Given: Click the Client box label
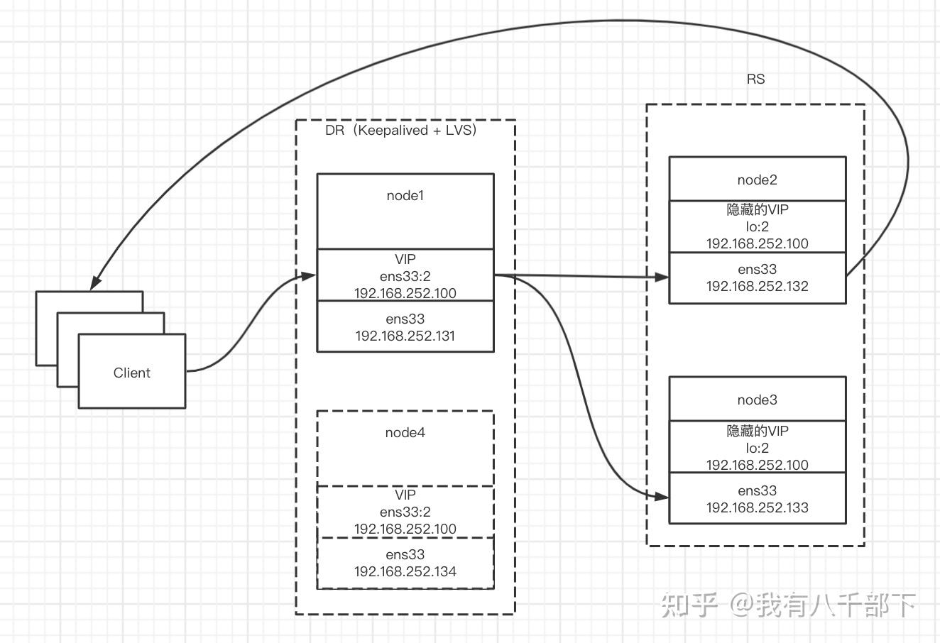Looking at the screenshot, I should click(132, 373).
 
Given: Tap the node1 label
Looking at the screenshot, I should click(405, 195).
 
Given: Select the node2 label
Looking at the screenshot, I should click(757, 180).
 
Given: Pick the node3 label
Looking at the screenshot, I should click(757, 400).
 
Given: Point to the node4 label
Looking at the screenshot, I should click(405, 432).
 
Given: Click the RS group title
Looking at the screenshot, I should click(755, 79).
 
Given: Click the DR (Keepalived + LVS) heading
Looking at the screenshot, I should click(401, 130).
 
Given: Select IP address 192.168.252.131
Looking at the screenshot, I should click(405, 336).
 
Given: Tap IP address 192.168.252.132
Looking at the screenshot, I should click(757, 286).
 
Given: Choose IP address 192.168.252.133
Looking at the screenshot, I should click(757, 507).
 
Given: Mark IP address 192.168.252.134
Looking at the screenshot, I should click(405, 571).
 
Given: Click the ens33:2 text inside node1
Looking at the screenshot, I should click(405, 276).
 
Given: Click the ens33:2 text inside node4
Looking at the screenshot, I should click(405, 512).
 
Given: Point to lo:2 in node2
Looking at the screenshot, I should click(757, 226).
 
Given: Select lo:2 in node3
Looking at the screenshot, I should click(757, 448).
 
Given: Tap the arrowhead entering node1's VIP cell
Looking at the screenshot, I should click(309, 275).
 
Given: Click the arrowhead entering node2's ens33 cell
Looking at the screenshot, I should click(662, 277).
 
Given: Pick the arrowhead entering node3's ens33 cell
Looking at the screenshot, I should click(662, 497).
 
